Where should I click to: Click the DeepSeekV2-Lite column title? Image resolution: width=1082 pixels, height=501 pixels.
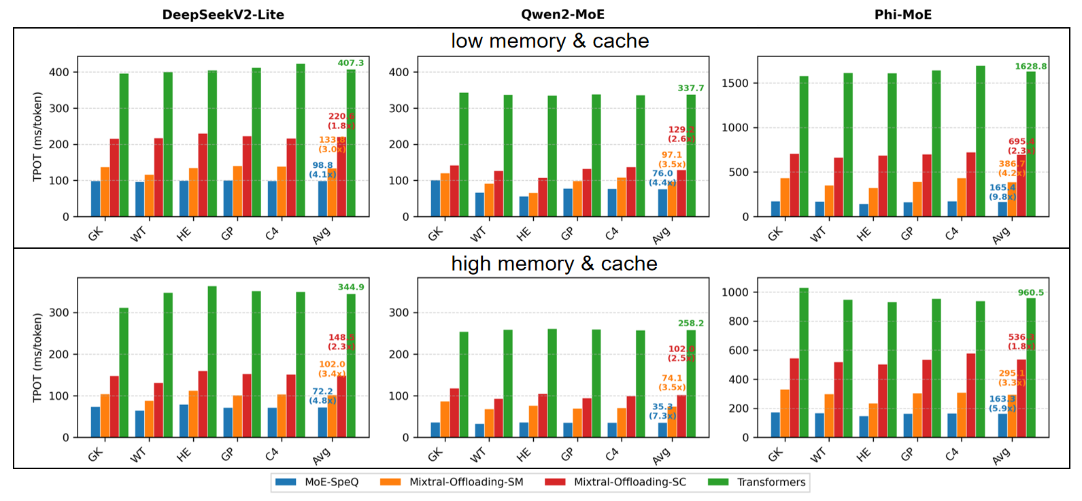pos(223,14)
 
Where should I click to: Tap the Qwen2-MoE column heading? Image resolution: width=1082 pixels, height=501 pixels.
pos(562,14)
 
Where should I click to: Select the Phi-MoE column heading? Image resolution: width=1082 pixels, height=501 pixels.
pos(902,14)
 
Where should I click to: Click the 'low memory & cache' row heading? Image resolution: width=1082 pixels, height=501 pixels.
pos(550,41)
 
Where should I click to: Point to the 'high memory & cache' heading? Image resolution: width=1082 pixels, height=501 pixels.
pos(554,264)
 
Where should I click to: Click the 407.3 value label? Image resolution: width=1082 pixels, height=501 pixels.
pos(351,63)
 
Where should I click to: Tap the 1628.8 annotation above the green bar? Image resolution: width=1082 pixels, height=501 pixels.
pos(1031,67)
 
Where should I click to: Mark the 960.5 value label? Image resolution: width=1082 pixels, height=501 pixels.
pos(1031,293)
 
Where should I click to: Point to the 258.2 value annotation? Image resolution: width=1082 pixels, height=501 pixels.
pos(691,324)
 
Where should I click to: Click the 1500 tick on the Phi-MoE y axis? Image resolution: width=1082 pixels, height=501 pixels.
pos(734,83)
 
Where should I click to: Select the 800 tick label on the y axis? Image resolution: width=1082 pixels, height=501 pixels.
pos(738,322)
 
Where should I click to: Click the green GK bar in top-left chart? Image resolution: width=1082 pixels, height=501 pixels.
pos(124,145)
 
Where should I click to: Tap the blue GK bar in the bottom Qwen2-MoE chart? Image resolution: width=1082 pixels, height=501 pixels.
pos(435,430)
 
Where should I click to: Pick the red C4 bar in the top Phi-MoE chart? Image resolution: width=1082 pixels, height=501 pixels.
pos(971,184)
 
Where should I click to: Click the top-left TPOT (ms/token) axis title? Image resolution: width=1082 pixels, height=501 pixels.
pos(38,137)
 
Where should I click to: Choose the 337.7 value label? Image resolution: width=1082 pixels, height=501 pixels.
pos(691,88)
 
